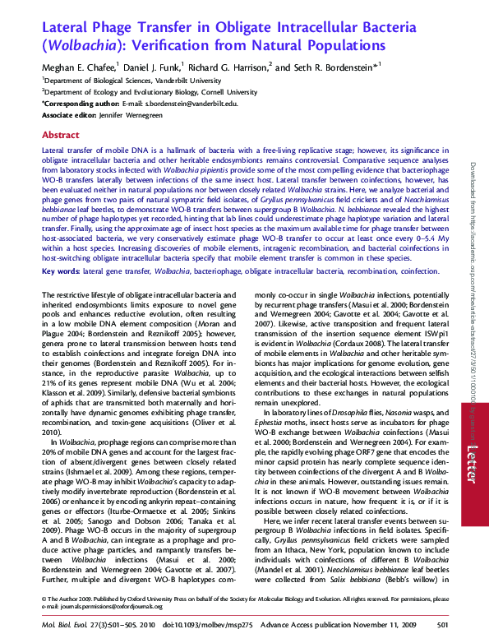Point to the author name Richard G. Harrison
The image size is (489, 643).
click(227, 67)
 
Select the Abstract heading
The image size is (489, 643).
click(60, 134)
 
